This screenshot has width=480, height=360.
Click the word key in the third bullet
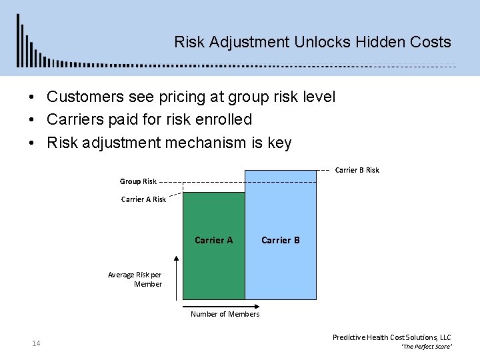click(279, 143)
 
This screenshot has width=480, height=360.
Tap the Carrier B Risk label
click(357, 170)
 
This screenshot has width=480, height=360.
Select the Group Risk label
click(138, 181)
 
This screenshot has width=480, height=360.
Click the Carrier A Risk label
click(143, 199)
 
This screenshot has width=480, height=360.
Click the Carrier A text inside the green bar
click(213, 240)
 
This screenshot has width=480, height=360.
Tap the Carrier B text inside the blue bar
click(280, 240)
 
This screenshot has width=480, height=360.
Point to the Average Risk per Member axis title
click(135, 279)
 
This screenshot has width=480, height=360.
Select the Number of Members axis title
click(225, 314)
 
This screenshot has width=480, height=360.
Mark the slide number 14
click(36, 343)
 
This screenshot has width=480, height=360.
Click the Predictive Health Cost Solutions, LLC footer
click(391, 337)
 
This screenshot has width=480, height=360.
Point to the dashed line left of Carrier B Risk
click(323, 170)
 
